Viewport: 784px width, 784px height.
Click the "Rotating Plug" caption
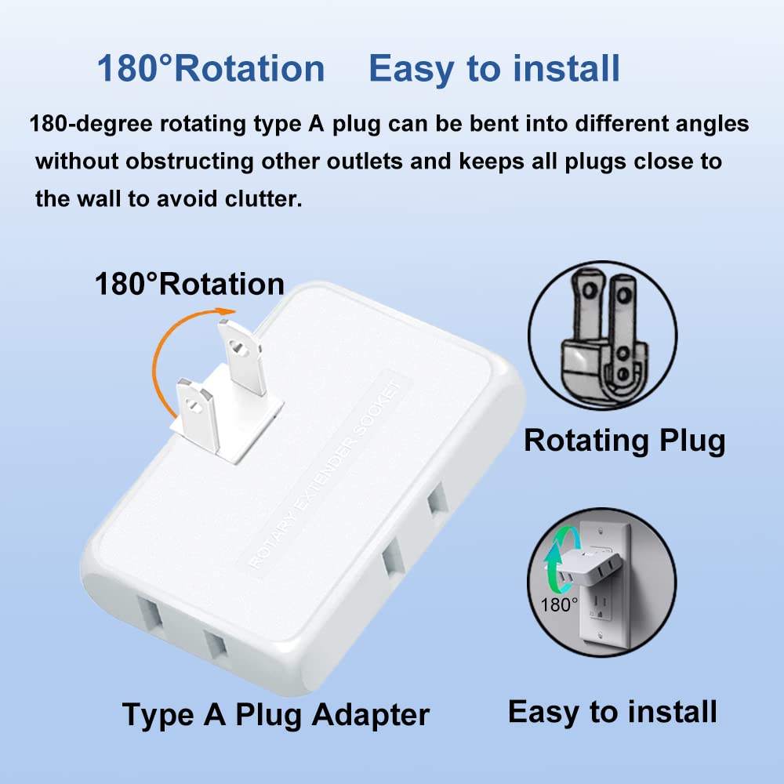[x=624, y=441]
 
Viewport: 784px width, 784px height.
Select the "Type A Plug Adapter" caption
[x=276, y=715]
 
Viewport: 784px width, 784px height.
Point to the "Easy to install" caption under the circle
[x=612, y=712]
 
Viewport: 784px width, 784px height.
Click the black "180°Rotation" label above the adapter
[x=189, y=284]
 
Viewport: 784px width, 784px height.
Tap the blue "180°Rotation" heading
[x=210, y=69]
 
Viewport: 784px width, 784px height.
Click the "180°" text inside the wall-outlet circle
[x=558, y=604]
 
